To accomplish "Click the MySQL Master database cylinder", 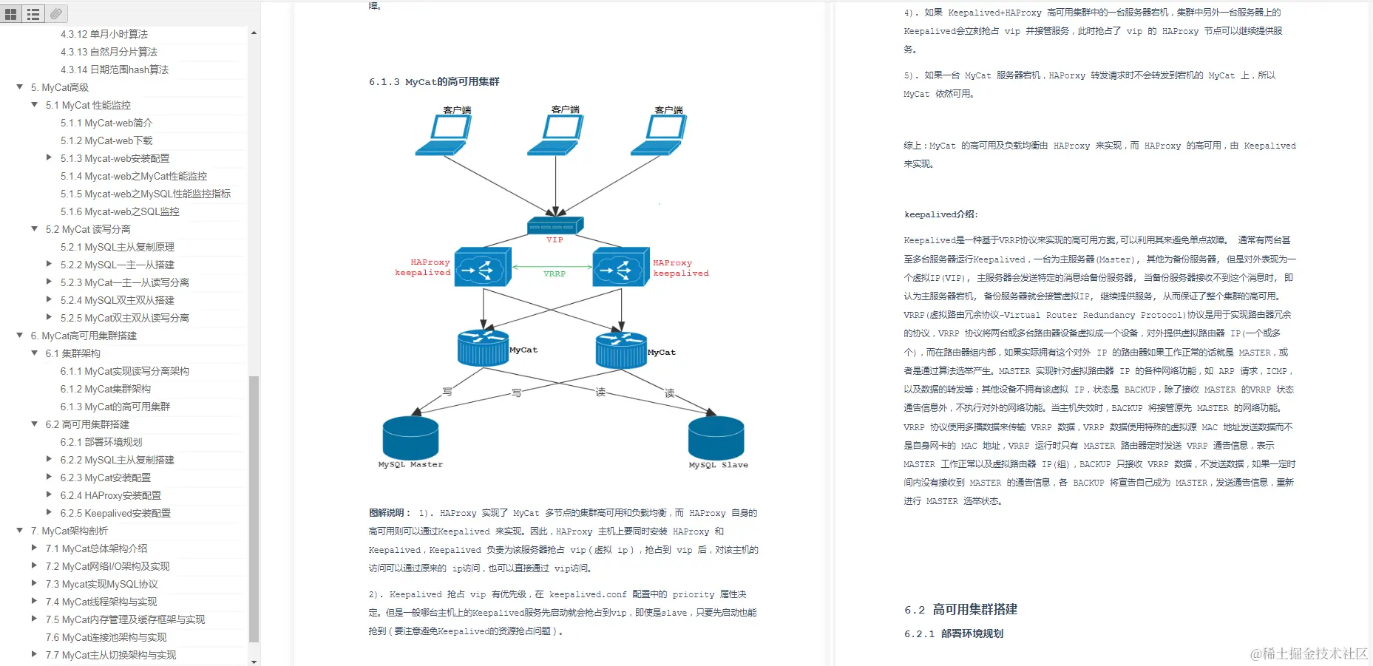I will click(410, 438).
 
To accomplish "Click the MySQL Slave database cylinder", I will click(716, 438).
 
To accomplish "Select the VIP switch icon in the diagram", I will click(555, 225).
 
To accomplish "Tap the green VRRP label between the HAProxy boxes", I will click(555, 273).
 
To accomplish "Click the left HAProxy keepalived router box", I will click(482, 267).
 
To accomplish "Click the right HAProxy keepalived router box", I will click(621, 267).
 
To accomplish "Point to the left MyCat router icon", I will click(483, 347).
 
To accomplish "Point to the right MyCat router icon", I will click(621, 350).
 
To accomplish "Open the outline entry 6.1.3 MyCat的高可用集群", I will click(115, 407).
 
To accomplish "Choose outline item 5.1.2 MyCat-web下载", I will click(106, 140).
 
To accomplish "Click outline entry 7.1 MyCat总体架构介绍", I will click(96, 548).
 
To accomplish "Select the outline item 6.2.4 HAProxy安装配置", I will click(111, 495).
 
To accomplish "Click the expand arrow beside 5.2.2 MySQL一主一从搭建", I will click(49, 264).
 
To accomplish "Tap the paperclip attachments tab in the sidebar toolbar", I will click(56, 13).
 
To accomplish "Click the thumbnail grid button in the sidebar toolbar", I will click(11, 14).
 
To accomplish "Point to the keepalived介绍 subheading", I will click(940, 214).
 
